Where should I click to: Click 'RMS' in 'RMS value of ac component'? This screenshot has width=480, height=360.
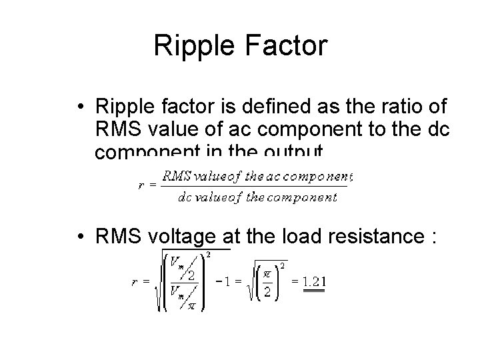click(x=119, y=130)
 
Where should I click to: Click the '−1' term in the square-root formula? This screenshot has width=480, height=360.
click(x=225, y=281)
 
